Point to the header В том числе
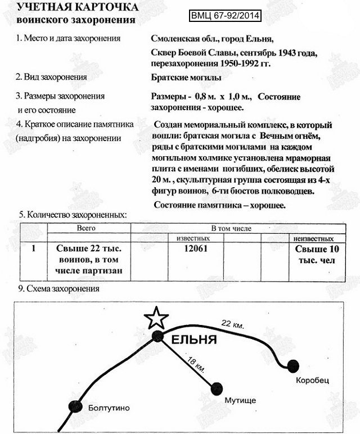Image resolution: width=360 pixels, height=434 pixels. click(231, 229)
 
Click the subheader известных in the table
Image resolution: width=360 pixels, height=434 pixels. click(193, 238)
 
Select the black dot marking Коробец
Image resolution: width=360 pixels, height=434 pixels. click(292, 366)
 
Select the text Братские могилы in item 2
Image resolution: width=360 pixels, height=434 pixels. click(186, 77)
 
